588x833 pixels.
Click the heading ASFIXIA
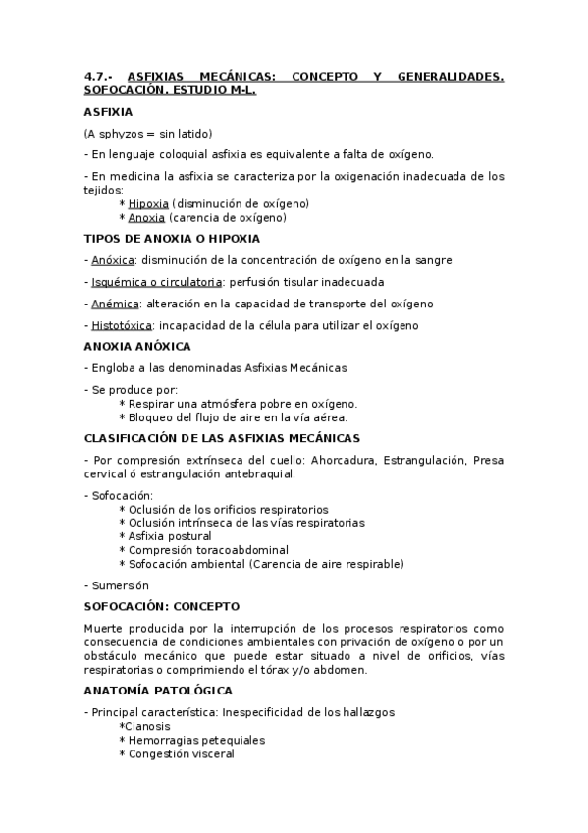[107, 112]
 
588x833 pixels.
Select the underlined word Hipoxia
[148, 203]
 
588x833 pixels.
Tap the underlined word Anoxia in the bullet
[146, 217]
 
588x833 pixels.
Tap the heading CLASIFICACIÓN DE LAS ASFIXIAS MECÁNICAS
[222, 437]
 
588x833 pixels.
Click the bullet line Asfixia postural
[169, 536]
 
